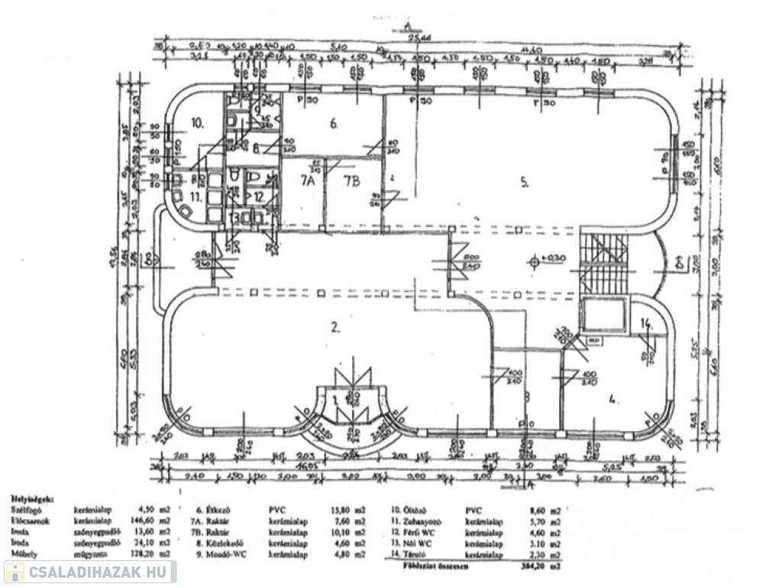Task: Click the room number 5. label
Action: [525, 181]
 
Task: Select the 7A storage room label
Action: [307, 181]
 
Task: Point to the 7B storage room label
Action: [352, 181]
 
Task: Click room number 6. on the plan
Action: [333, 122]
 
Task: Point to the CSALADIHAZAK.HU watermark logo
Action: [90, 572]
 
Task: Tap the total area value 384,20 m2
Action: [547, 566]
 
